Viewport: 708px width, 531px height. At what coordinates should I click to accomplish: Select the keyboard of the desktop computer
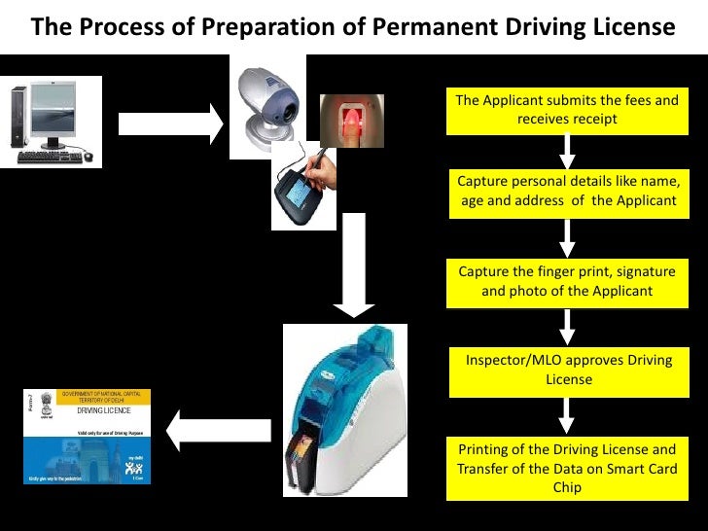click(49, 156)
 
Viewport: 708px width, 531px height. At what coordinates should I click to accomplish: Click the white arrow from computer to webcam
click(171, 123)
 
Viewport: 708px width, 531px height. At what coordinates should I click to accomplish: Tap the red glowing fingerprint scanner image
click(352, 121)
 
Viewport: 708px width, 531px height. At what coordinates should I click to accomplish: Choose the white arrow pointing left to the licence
click(218, 428)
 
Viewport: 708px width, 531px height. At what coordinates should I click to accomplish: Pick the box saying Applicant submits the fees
click(567, 110)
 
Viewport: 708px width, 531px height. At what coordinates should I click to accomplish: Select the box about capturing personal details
click(567, 192)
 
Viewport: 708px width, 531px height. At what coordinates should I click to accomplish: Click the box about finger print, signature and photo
click(567, 281)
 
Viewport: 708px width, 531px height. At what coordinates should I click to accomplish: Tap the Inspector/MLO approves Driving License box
click(567, 370)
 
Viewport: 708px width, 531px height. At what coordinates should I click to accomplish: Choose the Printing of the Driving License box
click(567, 468)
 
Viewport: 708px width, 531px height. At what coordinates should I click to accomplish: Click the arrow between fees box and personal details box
click(567, 151)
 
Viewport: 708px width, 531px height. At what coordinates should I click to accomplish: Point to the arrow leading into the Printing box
click(567, 416)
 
